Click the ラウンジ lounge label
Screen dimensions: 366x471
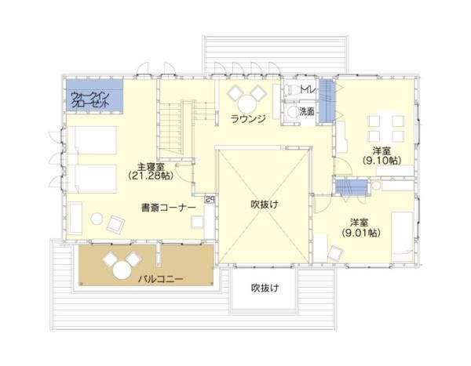pyautogui.click(x=249, y=118)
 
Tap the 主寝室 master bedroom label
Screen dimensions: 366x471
pyautogui.click(x=149, y=167)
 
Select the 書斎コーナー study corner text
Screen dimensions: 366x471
pyautogui.click(x=170, y=208)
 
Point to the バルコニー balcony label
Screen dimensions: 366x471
pyautogui.click(x=161, y=279)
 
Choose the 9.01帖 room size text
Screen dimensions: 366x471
pyautogui.click(x=361, y=233)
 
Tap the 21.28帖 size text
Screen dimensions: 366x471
pyautogui.click(x=149, y=177)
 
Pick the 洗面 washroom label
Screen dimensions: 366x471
pyautogui.click(x=306, y=112)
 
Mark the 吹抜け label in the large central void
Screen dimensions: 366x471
pyautogui.click(x=265, y=205)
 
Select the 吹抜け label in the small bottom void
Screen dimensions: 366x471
pyautogui.click(x=265, y=288)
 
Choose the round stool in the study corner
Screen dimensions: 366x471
pyautogui.click(x=97, y=219)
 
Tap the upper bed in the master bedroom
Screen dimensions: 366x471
pyautogui.click(x=89, y=142)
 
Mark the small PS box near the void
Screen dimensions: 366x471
pyautogui.click(x=210, y=199)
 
